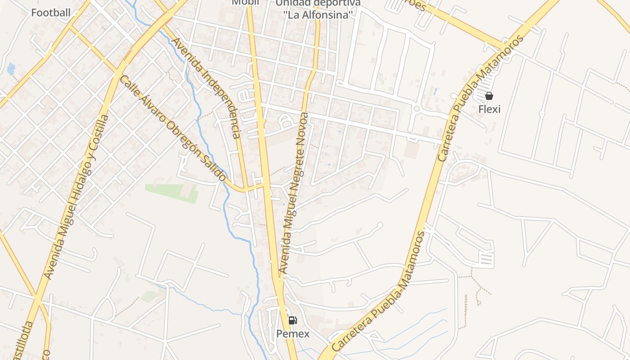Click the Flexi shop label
click(x=489, y=109)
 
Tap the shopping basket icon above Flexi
click(x=489, y=96)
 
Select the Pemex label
click(x=293, y=333)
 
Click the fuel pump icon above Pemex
click(x=292, y=320)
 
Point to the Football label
click(x=51, y=13)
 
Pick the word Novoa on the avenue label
click(x=303, y=128)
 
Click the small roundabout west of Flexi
click(x=416, y=108)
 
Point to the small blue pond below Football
click(x=11, y=68)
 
